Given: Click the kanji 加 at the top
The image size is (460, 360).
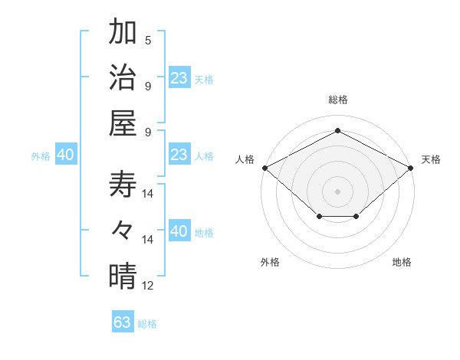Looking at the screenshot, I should (123, 34).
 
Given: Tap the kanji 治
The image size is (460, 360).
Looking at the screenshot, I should (123, 78).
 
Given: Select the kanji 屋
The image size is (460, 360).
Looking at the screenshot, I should (123, 122).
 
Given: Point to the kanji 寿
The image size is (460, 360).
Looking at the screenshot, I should (123, 184).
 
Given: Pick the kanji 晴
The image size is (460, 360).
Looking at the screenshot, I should (123, 276).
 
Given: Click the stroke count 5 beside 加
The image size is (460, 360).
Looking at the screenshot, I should (148, 40).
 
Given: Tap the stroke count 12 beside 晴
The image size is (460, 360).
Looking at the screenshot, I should (149, 286).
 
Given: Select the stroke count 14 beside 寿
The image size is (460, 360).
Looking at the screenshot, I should (149, 194).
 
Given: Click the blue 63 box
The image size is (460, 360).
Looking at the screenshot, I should (123, 322).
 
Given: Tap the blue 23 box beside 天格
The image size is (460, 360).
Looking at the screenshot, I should (179, 77).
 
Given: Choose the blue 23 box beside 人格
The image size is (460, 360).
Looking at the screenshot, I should (179, 155).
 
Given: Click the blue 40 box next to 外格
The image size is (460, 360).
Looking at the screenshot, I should (65, 155).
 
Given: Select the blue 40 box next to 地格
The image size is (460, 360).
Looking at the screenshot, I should (179, 231).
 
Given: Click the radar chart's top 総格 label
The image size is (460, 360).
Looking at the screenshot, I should (338, 100).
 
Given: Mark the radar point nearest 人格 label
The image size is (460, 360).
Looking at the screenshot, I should (264, 168).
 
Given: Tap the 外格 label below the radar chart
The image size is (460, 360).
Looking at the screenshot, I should (270, 263).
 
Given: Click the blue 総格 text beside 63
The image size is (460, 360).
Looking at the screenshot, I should (147, 324).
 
